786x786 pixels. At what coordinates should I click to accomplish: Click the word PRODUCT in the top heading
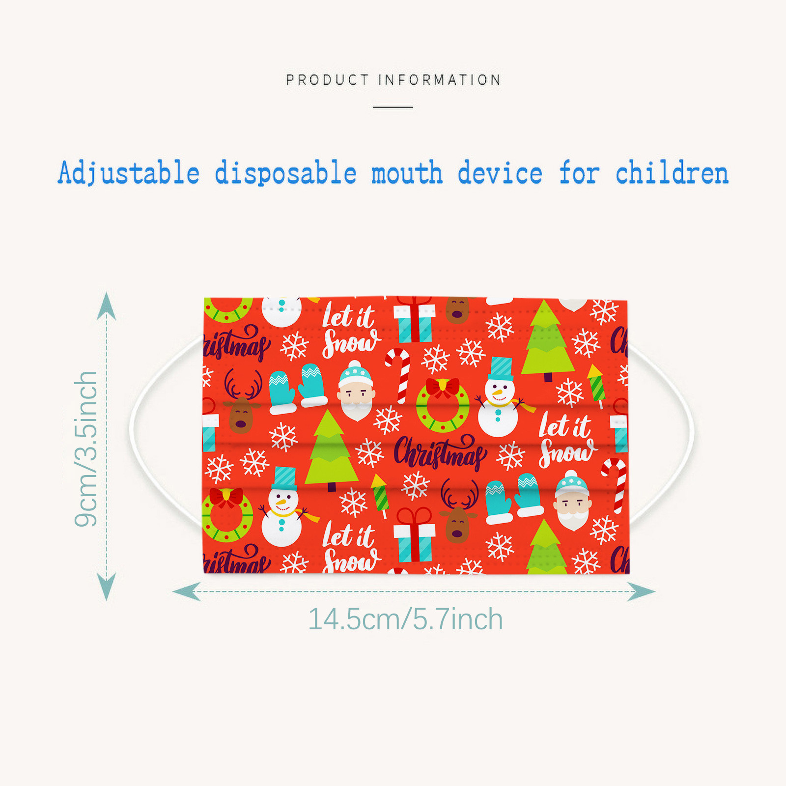[x=327, y=80]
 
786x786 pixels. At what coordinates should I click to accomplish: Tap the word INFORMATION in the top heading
[x=440, y=80]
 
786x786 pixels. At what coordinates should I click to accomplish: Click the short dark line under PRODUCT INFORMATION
[x=393, y=107]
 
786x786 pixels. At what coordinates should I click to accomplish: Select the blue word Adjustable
[x=129, y=173]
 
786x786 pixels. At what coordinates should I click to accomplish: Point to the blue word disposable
[x=285, y=173]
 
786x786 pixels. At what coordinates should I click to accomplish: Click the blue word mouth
[x=407, y=173]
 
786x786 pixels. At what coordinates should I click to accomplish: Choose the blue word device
[x=500, y=173]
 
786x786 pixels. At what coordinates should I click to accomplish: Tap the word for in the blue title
[x=579, y=173]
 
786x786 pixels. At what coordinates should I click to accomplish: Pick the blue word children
[x=672, y=173]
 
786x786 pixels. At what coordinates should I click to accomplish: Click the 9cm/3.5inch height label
[x=86, y=449]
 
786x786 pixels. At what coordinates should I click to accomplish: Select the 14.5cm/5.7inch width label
[x=405, y=619]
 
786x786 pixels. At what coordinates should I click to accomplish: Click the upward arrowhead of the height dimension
[x=107, y=306]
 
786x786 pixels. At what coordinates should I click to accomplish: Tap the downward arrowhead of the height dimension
[x=107, y=587]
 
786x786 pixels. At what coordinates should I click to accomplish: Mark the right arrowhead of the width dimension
[x=642, y=591]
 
